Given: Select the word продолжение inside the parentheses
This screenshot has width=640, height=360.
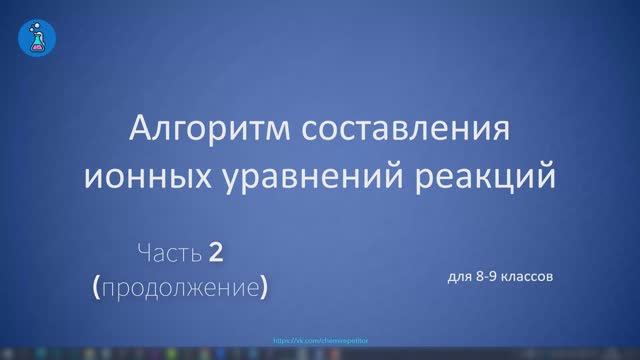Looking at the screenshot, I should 181,288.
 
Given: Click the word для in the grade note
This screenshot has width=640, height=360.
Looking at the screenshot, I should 459,273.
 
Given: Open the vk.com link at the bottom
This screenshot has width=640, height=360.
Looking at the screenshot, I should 319,340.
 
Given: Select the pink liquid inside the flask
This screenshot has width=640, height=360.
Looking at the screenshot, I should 38,46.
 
